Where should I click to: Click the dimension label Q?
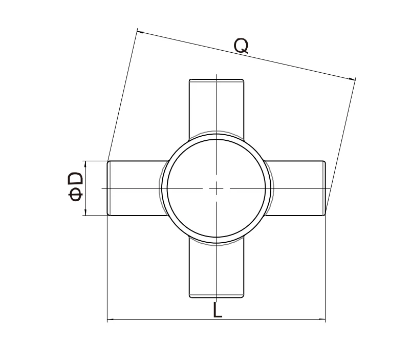tap(241, 47)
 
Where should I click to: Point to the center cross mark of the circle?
tap(217, 188)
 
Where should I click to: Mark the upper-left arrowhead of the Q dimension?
tap(139, 32)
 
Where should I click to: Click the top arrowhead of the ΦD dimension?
tap(85, 163)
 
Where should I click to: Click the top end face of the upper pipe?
tap(217, 79)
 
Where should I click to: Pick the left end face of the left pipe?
tap(108, 188)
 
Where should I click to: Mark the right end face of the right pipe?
tap(325, 188)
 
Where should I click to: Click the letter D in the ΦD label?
tap(76, 179)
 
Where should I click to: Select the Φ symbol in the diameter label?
tap(76, 195)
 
